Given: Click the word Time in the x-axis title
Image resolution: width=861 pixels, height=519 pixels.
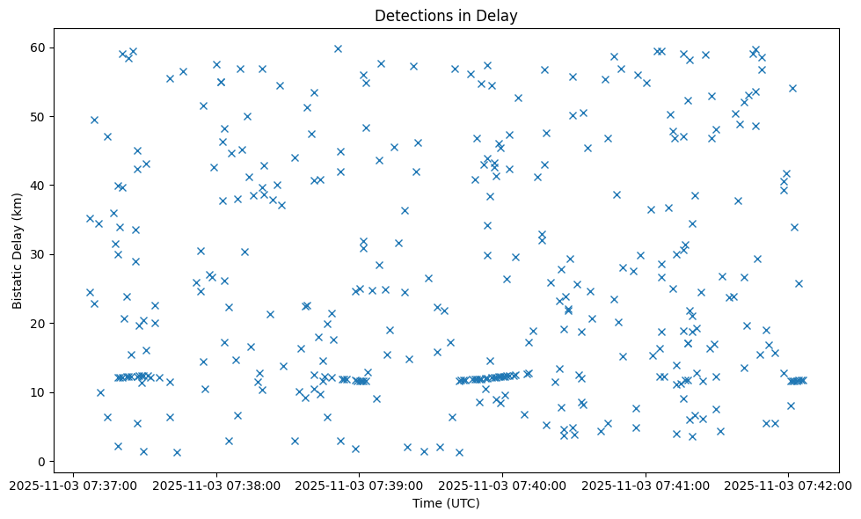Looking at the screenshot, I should coord(427,504).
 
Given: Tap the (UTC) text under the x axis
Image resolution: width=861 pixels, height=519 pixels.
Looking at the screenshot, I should coord(463,504).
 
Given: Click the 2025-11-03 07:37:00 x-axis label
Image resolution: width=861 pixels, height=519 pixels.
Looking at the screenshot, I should coord(74,485).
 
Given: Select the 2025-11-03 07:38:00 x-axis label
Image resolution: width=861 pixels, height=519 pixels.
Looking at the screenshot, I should coord(216,485).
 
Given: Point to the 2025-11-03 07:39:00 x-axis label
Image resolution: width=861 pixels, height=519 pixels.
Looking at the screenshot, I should coord(360,485).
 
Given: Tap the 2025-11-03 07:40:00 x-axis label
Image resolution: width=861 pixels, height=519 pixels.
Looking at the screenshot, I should coord(502,485).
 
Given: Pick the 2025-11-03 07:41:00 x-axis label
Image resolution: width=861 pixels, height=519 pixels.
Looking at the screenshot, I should coord(646,485).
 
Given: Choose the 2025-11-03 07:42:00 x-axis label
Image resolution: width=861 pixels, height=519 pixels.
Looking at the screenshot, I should coord(788,485).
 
